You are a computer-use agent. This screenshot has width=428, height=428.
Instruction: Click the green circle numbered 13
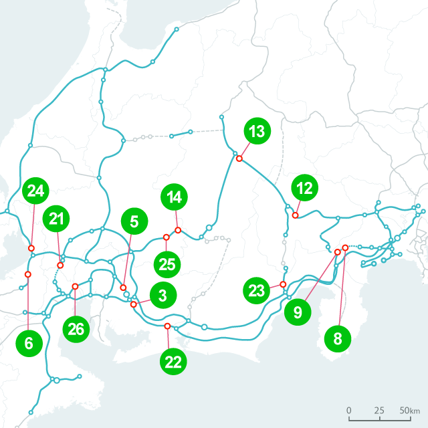tap(256, 132)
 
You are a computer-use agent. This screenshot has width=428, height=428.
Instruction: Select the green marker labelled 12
tap(305, 189)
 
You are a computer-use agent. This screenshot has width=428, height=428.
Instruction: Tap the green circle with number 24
tap(35, 191)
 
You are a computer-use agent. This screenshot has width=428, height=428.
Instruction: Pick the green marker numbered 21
tap(57, 219)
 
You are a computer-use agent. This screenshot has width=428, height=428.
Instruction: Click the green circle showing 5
tap(134, 221)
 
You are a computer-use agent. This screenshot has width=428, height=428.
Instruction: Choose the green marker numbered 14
tap(175, 197)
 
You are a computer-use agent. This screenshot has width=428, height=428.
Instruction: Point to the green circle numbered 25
tap(167, 263)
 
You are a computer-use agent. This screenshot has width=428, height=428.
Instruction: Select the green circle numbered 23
tap(256, 291)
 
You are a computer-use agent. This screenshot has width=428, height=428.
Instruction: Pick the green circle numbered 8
tap(338, 339)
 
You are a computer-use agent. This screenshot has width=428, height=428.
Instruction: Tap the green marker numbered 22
tap(173, 362)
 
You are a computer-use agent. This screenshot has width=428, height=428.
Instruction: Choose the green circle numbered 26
tap(77, 329)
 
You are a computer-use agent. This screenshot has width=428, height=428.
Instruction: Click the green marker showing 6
tap(28, 344)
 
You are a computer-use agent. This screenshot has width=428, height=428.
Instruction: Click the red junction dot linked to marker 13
tap(239, 158)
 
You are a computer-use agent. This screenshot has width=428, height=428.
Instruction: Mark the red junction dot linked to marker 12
tap(295, 215)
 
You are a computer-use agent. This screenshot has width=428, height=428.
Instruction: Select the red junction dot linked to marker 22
tap(167, 326)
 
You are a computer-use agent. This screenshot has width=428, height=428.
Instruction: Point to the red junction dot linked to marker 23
tap(283, 285)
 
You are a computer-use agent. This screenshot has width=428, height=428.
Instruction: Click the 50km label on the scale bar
tap(411, 410)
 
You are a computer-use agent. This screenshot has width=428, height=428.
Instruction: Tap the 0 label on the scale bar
tap(349, 410)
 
